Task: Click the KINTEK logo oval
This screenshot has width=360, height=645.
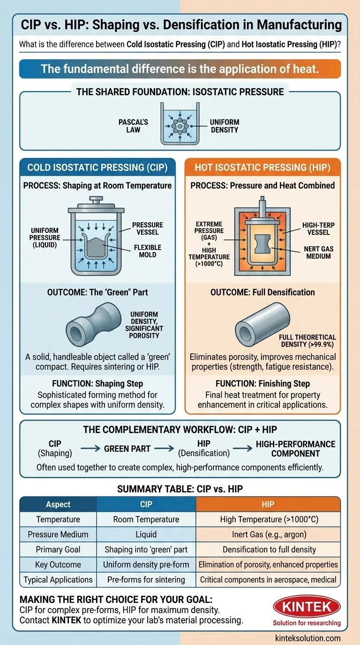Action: pyautogui.click(x=307, y=607)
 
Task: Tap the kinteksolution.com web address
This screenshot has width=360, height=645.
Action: pyautogui.click(x=307, y=638)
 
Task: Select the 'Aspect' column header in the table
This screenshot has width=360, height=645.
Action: pyautogui.click(x=58, y=504)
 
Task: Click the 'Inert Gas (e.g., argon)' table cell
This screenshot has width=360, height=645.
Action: pyautogui.click(x=269, y=534)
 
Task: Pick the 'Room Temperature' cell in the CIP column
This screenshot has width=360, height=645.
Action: pyautogui.click(x=146, y=519)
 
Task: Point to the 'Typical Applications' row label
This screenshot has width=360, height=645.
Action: pyautogui.click(x=58, y=579)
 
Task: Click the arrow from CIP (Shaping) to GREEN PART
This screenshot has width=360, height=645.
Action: pyautogui.click(x=90, y=448)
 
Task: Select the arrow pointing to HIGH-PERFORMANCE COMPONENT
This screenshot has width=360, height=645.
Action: pyautogui.click(x=242, y=448)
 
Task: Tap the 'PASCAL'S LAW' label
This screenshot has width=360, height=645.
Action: pyautogui.click(x=133, y=126)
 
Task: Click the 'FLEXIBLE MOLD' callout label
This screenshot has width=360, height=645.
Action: pyautogui.click(x=148, y=251)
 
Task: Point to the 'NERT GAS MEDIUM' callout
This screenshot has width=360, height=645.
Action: pyautogui.click(x=319, y=253)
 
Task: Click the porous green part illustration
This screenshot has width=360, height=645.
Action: pyautogui.click(x=94, y=323)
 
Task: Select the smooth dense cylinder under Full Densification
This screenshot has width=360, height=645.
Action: pyautogui.click(x=262, y=324)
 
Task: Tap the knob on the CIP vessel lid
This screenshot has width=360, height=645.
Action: pyautogui.click(x=96, y=200)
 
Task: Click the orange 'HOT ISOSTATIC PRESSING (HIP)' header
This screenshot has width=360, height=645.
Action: pyautogui.click(x=262, y=167)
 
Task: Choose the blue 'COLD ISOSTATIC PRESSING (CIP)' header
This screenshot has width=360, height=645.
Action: pyautogui.click(x=97, y=167)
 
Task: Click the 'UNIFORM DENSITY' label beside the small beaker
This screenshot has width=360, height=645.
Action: pyautogui.click(x=225, y=126)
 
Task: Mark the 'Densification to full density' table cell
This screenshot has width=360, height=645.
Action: pyautogui.click(x=269, y=549)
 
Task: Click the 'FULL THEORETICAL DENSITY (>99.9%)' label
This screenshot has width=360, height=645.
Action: pyautogui.click(x=307, y=341)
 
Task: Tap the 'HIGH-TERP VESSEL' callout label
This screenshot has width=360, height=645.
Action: pyautogui.click(x=318, y=229)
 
